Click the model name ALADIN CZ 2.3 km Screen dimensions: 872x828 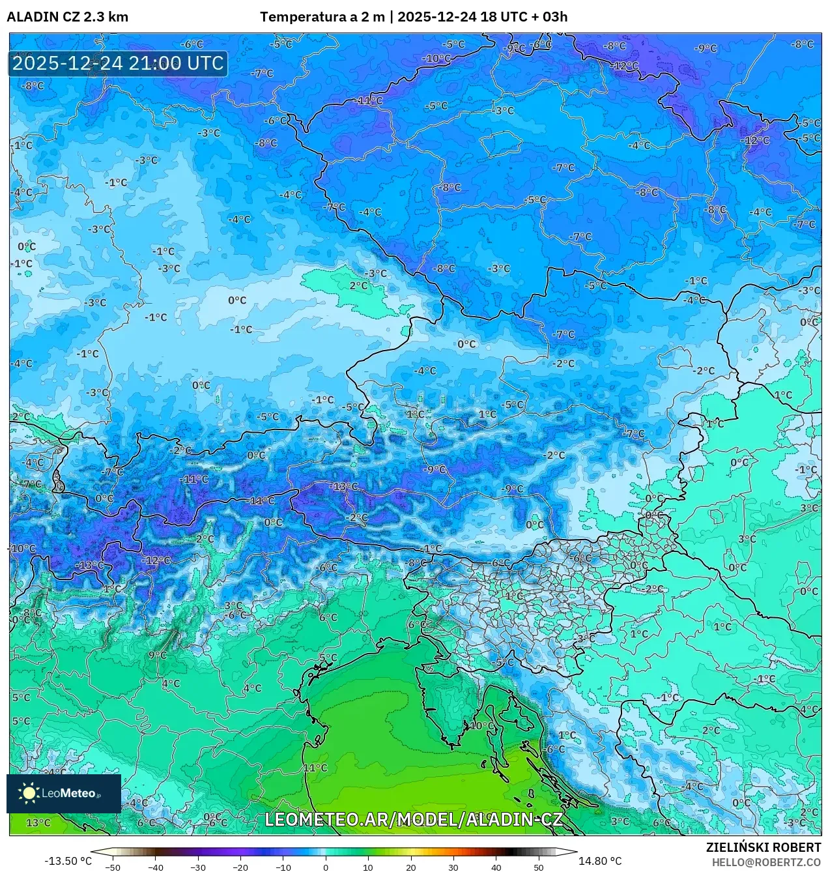68,17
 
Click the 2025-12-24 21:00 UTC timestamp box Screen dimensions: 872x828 118,64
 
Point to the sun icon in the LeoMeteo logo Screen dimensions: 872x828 29,793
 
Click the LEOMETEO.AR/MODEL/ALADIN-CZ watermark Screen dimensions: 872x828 414,819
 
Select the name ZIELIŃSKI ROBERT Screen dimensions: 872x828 764,847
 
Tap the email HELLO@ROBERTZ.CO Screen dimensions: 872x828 766,862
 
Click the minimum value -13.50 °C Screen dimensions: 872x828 68,861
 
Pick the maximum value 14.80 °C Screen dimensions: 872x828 600,861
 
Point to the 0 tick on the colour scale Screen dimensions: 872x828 326,867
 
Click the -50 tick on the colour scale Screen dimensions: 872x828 113,867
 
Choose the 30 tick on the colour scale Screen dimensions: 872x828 453,867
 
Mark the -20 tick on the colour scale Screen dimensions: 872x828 240,867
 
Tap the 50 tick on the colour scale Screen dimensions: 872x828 538,867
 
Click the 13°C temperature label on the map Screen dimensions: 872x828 38,822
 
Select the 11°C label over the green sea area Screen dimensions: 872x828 315,768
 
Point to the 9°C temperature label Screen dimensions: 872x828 157,655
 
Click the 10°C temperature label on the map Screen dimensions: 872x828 482,725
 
